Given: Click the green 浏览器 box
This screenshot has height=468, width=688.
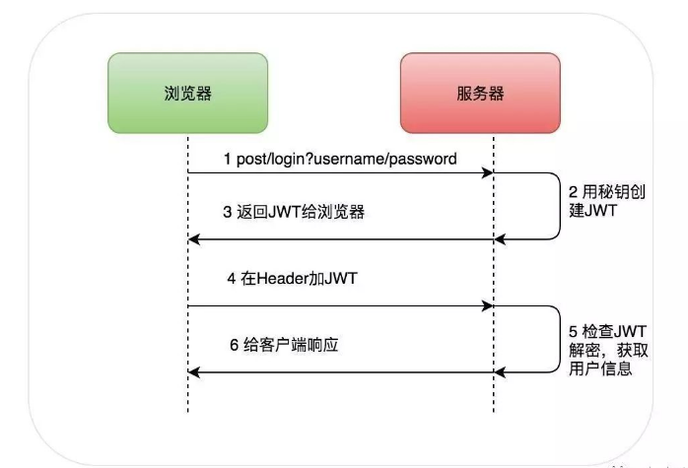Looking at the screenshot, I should [x=187, y=94].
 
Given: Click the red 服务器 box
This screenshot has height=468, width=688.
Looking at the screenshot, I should [x=480, y=94].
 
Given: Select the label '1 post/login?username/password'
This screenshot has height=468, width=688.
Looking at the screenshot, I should [x=339, y=159].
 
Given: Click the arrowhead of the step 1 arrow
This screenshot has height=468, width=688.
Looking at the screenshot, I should [x=487, y=173].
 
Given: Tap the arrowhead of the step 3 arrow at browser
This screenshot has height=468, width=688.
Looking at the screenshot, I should [x=195, y=237].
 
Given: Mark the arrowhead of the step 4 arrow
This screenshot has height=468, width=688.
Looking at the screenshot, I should [x=487, y=305].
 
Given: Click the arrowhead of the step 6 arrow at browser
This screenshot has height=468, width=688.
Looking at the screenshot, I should [x=195, y=371].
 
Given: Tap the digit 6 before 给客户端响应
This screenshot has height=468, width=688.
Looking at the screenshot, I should [x=234, y=345].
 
